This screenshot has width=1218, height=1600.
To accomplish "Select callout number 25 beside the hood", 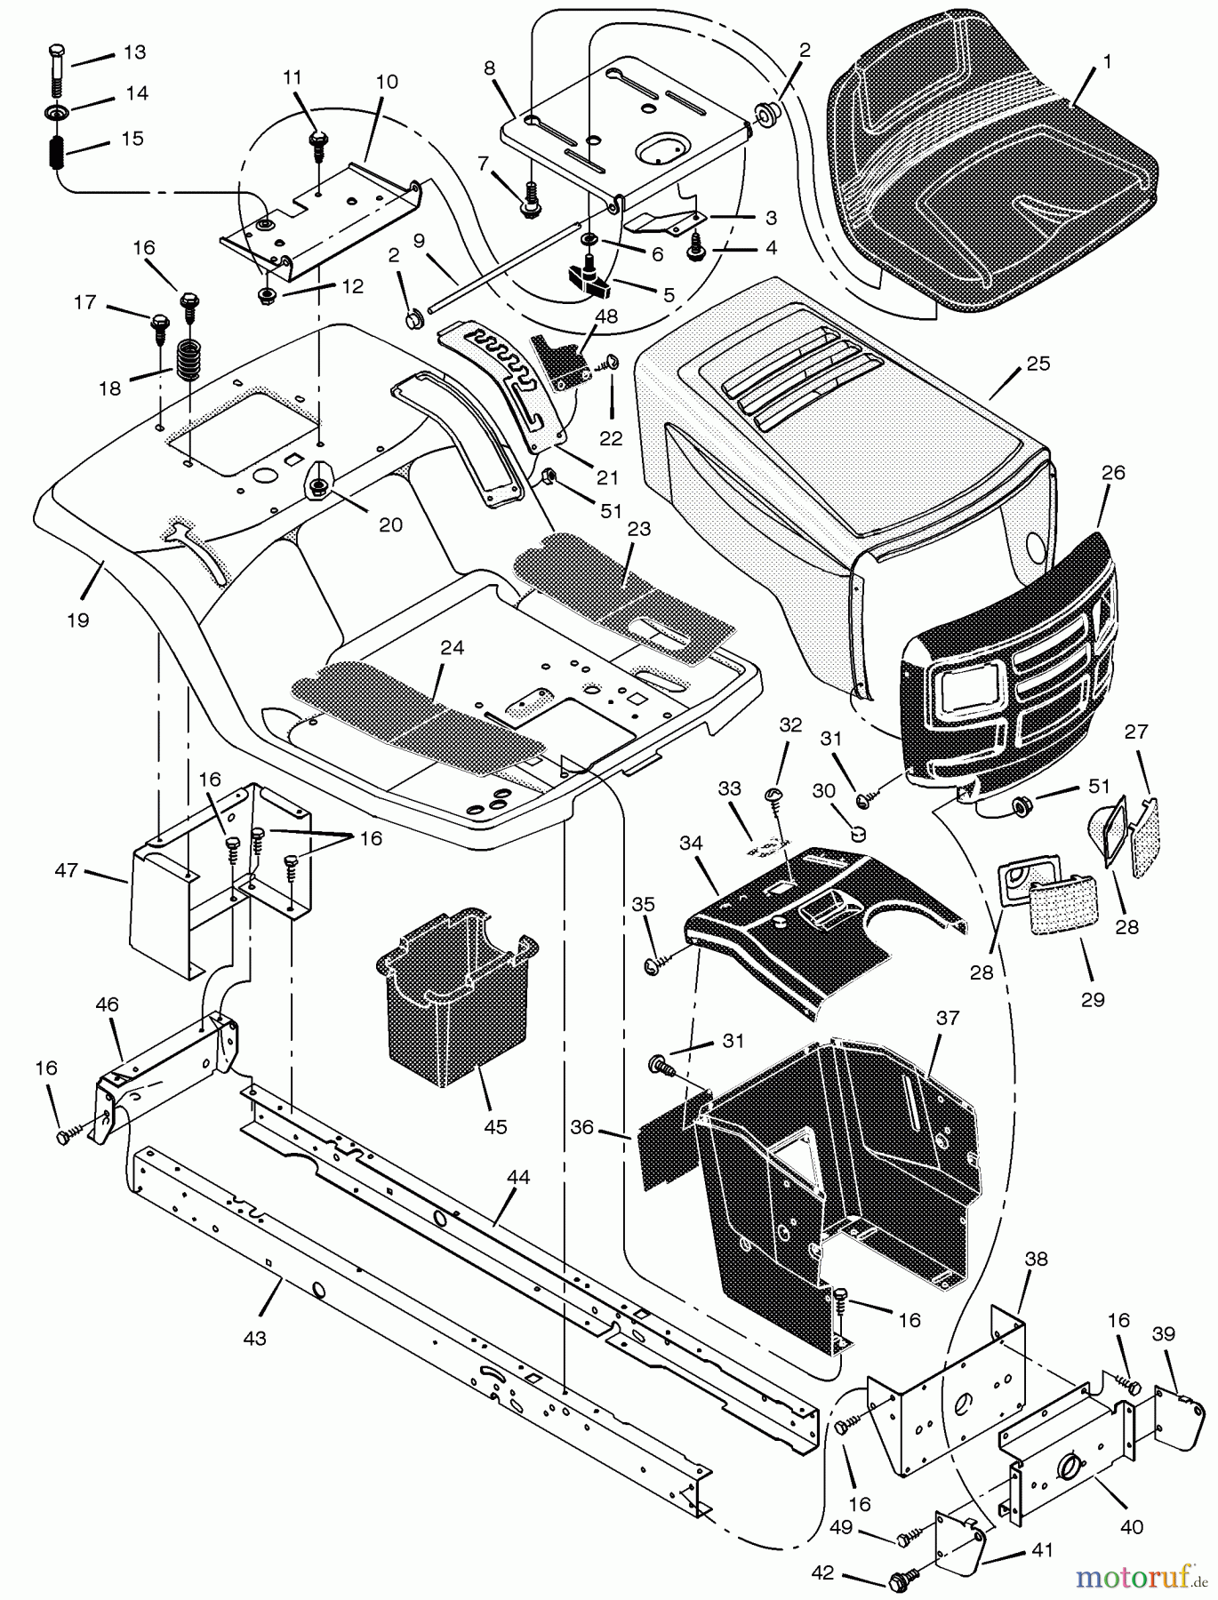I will [1038, 364].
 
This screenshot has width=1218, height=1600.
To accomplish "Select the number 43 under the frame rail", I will [254, 1338].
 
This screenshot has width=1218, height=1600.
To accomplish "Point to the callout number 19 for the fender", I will [78, 620].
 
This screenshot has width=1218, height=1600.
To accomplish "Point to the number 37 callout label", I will [948, 1018].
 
